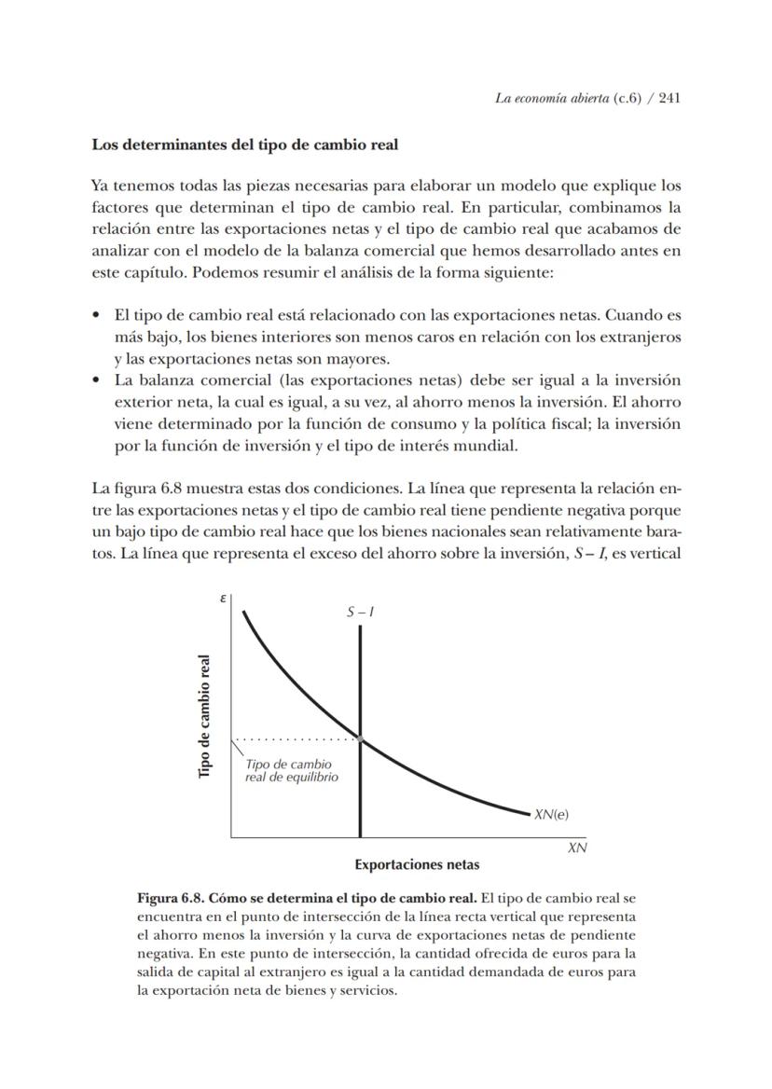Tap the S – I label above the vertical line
click(361, 613)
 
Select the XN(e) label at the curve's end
click(551, 814)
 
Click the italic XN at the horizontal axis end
click(577, 848)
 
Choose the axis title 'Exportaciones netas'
click(417, 864)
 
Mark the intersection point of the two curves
click(360, 739)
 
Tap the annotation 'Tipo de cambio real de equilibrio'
click(291, 771)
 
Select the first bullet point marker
click(96, 315)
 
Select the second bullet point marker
click(96, 380)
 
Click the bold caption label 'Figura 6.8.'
click(170, 899)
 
